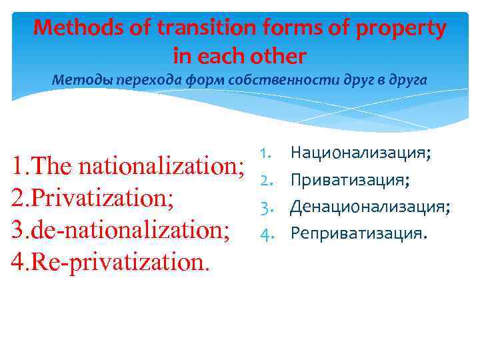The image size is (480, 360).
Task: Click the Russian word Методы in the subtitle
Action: pyautogui.click(x=81, y=81)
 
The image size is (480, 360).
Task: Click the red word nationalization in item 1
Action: pyautogui.click(x=160, y=165)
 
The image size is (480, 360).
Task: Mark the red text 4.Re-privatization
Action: pyautogui.click(x=110, y=262)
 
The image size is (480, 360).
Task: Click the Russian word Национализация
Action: pyautogui.click(x=360, y=154)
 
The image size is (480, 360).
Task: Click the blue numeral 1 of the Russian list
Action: pyautogui.click(x=263, y=154)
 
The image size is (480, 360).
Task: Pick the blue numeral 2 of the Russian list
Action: pyautogui.click(x=263, y=181)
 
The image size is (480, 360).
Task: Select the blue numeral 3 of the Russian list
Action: pyautogui.click(x=263, y=207)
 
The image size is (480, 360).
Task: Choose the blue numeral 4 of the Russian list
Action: pyautogui.click(x=263, y=234)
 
